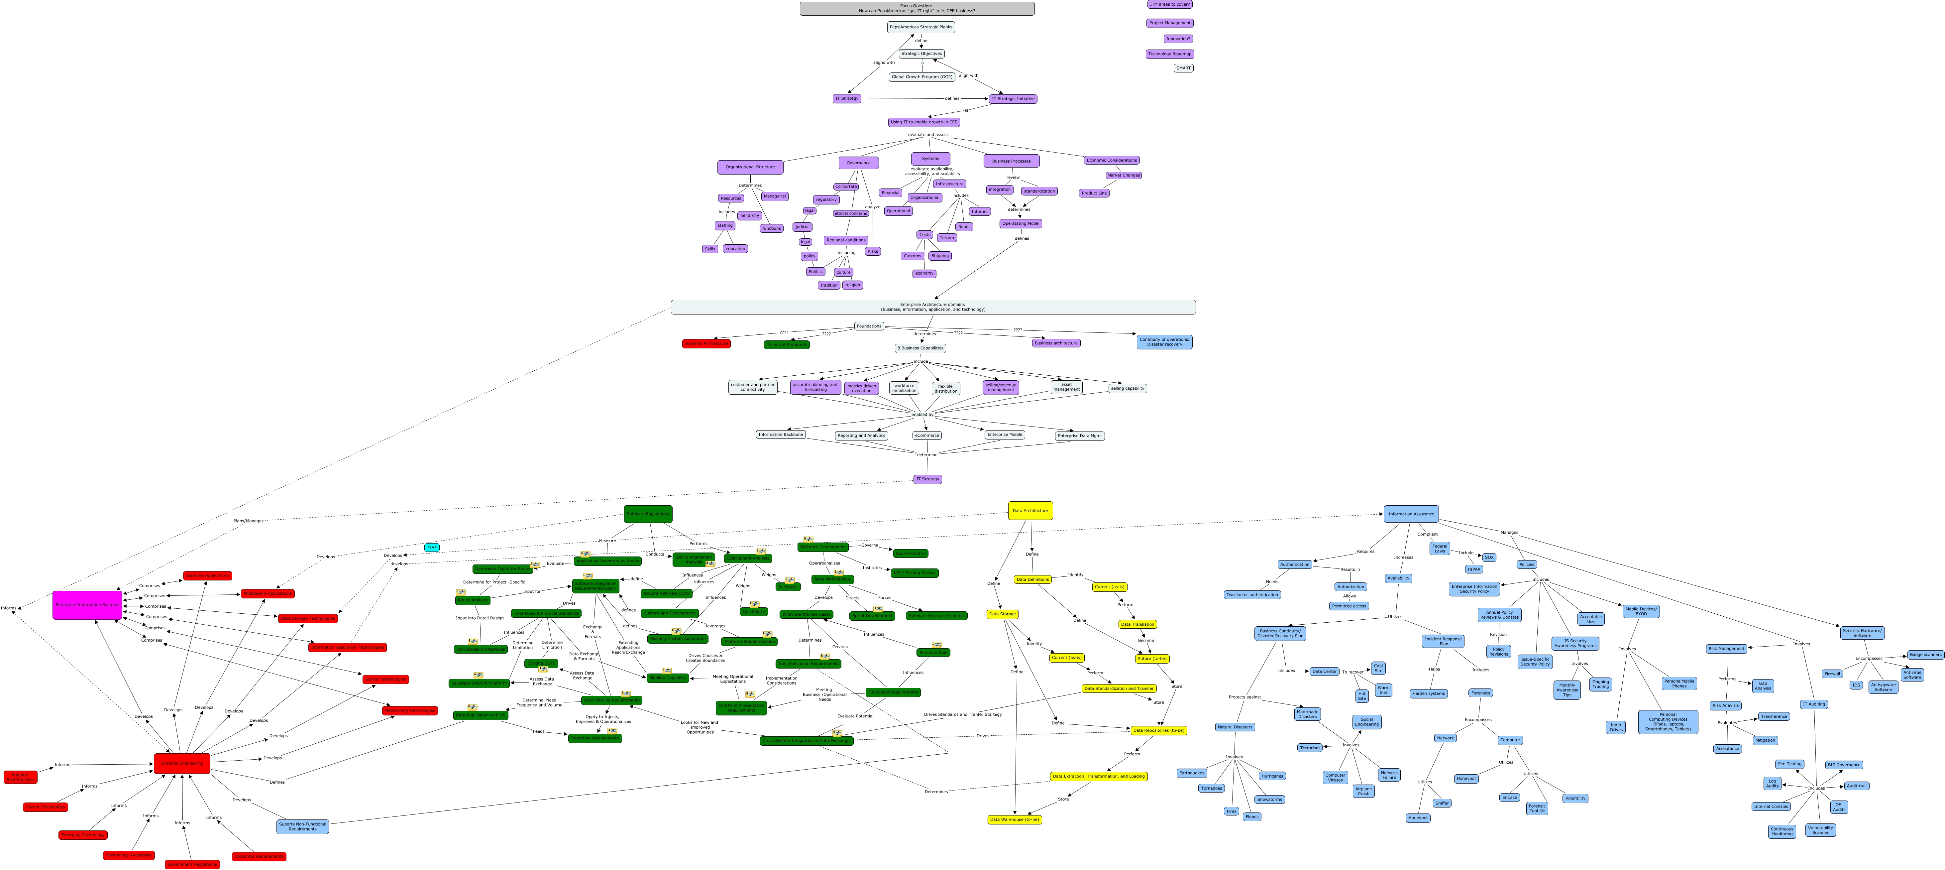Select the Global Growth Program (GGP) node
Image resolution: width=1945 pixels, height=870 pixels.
click(922, 77)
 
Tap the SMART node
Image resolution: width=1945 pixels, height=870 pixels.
click(1183, 68)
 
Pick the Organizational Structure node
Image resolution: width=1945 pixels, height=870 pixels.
click(750, 167)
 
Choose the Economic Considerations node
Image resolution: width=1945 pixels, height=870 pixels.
click(1112, 160)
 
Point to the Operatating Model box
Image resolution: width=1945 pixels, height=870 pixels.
click(1021, 223)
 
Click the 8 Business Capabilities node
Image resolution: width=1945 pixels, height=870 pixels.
click(920, 348)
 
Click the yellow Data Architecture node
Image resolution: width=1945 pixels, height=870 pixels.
click(1030, 511)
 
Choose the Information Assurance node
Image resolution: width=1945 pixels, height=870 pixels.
click(1410, 514)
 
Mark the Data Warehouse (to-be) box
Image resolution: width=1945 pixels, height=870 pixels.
click(1014, 819)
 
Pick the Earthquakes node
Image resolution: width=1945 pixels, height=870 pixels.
click(1191, 773)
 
